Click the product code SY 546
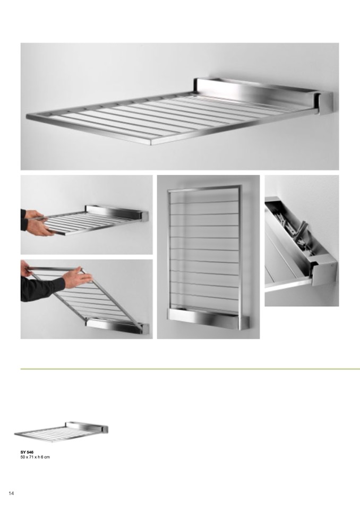(27, 452)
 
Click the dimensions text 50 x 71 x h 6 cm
(35, 457)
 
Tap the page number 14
(11, 494)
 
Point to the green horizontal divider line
(190, 369)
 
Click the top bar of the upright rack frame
(205, 187)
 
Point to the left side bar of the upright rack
(169, 249)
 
